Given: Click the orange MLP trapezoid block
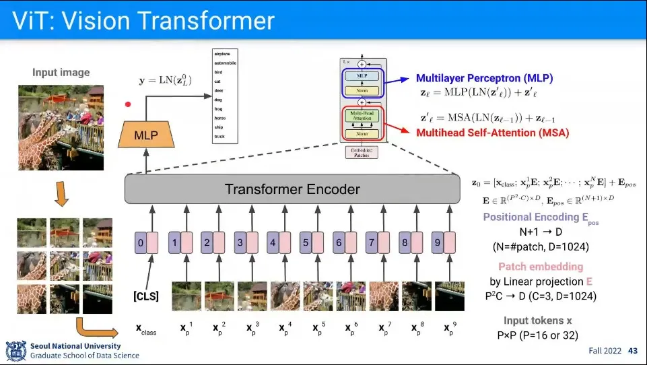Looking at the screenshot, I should click(x=145, y=135).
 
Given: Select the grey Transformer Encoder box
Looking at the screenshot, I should click(x=292, y=189).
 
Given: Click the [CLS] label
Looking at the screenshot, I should click(x=145, y=297).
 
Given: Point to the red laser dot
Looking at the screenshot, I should click(x=127, y=104).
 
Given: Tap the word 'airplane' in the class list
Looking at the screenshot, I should click(x=222, y=53).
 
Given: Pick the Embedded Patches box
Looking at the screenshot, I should click(x=362, y=152).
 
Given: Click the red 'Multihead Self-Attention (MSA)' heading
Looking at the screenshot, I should click(x=492, y=133).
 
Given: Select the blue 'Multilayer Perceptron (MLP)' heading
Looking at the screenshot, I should click(x=484, y=78).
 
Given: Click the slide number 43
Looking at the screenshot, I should click(x=632, y=351).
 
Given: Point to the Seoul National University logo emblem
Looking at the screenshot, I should click(x=16, y=350).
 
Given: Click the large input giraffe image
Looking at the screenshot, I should click(x=61, y=127).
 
